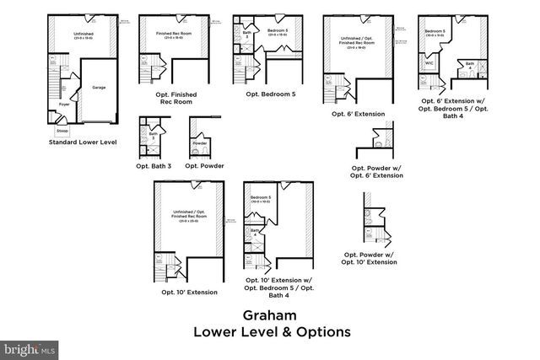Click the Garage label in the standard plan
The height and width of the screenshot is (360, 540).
coord(98,87)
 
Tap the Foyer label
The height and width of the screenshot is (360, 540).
coord(63,105)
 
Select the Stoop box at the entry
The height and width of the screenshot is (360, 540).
coord(62,132)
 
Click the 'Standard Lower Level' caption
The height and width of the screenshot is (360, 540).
coord(82,142)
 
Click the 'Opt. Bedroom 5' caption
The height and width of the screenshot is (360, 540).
coord(270,93)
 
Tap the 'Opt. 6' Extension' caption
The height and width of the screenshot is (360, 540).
coord(358,114)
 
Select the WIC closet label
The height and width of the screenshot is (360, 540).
coord(429,62)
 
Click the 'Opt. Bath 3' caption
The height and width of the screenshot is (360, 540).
coord(154,165)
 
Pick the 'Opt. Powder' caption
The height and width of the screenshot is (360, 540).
coord(204,165)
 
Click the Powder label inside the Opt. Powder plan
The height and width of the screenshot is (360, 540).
coord(200,143)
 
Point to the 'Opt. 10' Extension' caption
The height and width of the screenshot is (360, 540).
coord(188,292)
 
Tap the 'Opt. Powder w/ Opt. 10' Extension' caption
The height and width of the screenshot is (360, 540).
coord(370,258)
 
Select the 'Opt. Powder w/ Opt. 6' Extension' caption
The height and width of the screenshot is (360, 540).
coord(377,171)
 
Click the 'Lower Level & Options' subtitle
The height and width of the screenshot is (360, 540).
coord(270,331)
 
